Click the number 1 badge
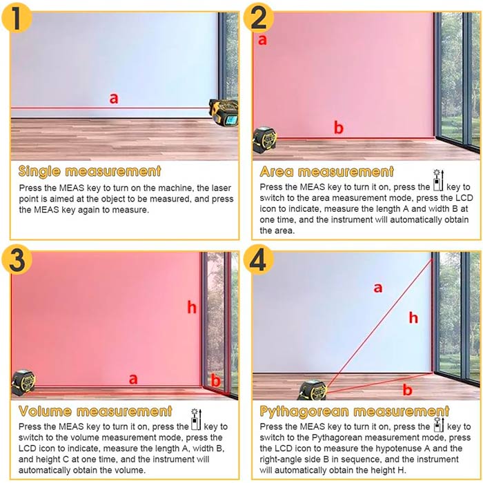pyautogui.click(x=17, y=17)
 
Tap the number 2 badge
pyautogui.click(x=259, y=17)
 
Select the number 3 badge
pyautogui.click(x=17, y=259)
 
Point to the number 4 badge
pyautogui.click(x=259, y=259)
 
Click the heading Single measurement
pyautogui.click(x=90, y=172)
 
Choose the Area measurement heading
pyautogui.click(x=327, y=172)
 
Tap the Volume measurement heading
pyautogui.click(x=95, y=411)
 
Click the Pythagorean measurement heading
pyautogui.click(x=355, y=411)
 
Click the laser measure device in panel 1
pyautogui.click(x=224, y=112)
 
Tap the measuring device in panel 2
pyautogui.click(x=264, y=140)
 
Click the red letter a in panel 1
pyautogui.click(x=114, y=99)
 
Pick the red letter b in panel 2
pyautogui.click(x=339, y=128)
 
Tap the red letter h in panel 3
pyautogui.click(x=192, y=308)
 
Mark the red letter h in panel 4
pyautogui.click(x=413, y=317)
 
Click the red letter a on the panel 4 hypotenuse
pyautogui.click(x=378, y=288)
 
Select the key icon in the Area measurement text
pyautogui.click(x=438, y=181)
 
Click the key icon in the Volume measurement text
pyautogui.click(x=196, y=420)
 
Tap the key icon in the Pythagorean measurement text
pyautogui.click(x=439, y=424)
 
